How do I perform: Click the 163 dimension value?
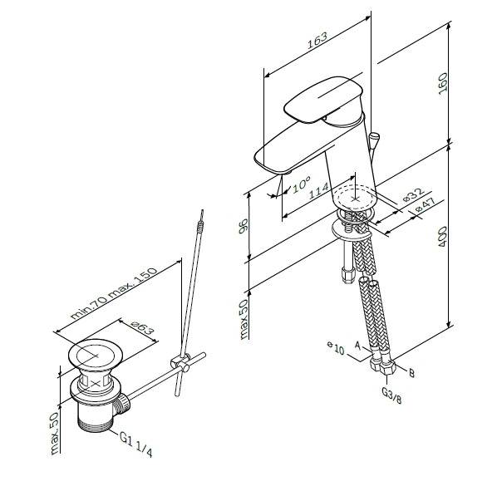(x=317, y=40)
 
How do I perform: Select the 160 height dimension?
(x=442, y=83)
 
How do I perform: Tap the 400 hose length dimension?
(x=442, y=237)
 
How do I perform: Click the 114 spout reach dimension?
(x=318, y=191)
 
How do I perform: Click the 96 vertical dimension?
(x=244, y=226)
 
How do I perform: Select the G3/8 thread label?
(x=391, y=395)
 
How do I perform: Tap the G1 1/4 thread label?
(x=136, y=444)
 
